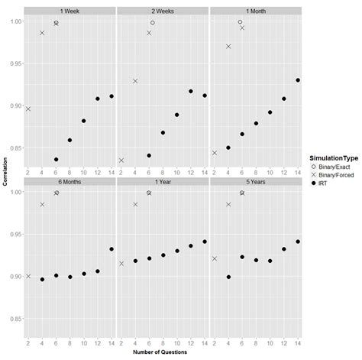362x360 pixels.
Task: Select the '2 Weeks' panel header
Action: pyautogui.click(x=163, y=10)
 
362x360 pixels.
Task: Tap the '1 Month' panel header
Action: pyautogui.click(x=255, y=10)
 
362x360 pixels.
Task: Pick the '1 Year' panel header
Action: pyautogui.click(x=163, y=182)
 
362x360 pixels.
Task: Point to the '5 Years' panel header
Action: pyautogui.click(x=255, y=182)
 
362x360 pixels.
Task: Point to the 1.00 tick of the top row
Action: pyautogui.click(x=15, y=21)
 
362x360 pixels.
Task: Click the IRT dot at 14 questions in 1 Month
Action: pyautogui.click(x=298, y=80)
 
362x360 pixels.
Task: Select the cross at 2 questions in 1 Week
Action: pyautogui.click(x=28, y=109)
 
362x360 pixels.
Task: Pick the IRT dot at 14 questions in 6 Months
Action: pyautogui.click(x=112, y=249)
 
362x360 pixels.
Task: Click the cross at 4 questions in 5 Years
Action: pyautogui.click(x=228, y=205)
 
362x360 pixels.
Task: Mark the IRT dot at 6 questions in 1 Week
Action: pyautogui.click(x=57, y=160)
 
